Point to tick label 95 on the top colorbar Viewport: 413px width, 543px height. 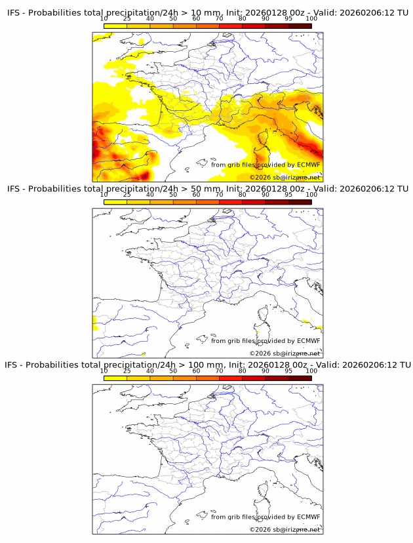288,19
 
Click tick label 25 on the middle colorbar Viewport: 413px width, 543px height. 127,195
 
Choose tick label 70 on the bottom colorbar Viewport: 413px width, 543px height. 220,371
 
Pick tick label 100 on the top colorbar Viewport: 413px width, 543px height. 311,19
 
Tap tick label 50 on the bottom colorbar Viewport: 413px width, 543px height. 173,371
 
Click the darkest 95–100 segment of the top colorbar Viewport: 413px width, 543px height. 300,26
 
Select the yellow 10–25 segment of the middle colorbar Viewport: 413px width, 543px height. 115,201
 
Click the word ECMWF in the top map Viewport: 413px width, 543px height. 308,165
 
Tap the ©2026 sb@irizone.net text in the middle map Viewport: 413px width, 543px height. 285,353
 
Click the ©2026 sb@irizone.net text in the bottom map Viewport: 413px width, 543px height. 285,529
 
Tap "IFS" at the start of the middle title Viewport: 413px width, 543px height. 14,189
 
